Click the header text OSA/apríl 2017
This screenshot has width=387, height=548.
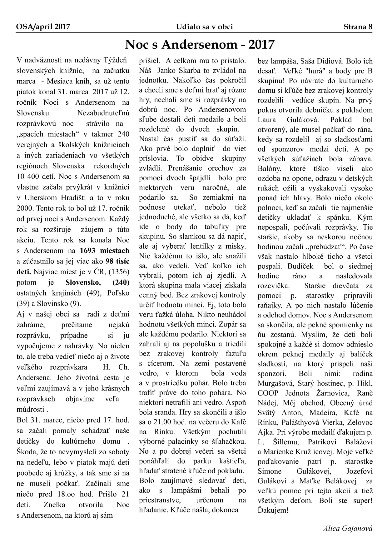43,27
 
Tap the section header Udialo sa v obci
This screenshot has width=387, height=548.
204,27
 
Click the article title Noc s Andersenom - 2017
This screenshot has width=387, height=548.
200,45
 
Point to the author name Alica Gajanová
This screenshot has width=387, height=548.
348,529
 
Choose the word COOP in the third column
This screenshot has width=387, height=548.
267,393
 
